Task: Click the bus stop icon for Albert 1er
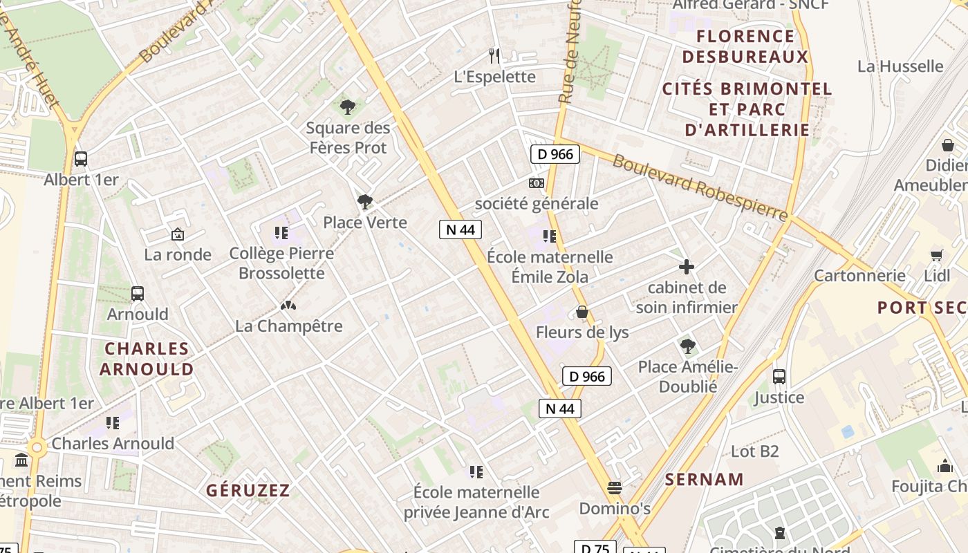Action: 81,158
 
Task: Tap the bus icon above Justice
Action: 779,377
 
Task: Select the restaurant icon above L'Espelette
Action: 494,55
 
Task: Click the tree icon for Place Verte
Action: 365,202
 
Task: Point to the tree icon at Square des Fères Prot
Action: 348,107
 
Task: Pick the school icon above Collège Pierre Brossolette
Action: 281,233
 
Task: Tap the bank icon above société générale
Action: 536,183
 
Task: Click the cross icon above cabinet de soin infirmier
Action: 687,267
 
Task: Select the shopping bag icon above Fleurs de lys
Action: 582,312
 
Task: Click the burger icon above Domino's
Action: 615,488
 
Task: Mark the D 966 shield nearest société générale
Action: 555,154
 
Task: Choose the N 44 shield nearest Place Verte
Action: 460,229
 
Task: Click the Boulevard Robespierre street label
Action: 700,188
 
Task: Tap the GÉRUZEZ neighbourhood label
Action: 248,491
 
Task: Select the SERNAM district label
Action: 705,479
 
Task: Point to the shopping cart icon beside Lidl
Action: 937,255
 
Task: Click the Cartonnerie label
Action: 859,276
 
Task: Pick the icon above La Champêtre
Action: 288,305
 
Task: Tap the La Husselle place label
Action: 900,66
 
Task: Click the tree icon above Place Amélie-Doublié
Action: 687,346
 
